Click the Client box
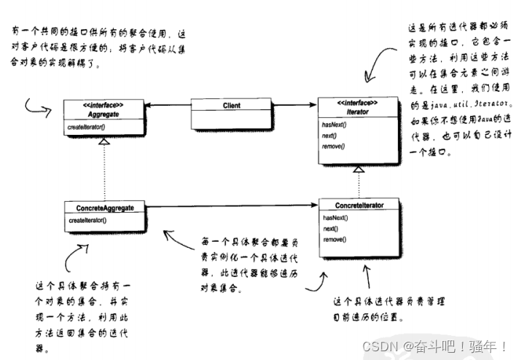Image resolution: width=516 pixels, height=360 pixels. tap(232, 106)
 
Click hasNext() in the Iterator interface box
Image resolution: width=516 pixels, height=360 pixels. tap(334, 125)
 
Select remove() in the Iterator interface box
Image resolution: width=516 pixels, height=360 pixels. tap(333, 146)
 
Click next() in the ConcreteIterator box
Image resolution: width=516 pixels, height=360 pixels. tap(330, 228)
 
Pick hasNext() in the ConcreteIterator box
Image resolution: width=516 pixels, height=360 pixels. tap(335, 217)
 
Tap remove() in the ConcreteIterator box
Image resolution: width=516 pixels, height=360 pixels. tap(334, 238)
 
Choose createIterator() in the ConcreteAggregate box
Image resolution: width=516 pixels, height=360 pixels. tap(87, 220)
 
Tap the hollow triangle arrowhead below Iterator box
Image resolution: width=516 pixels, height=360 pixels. tap(357, 169)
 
